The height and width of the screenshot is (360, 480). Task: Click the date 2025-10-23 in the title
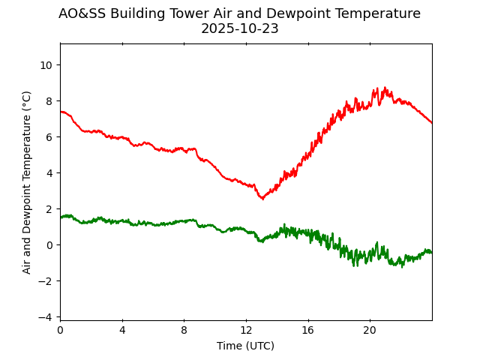tap(239, 29)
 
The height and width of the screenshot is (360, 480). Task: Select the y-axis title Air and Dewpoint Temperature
tap(27, 182)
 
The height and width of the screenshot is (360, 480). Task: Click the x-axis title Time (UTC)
tap(245, 346)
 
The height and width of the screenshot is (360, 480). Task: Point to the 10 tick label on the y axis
tap(46, 65)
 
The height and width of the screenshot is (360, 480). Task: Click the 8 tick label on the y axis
tap(49, 101)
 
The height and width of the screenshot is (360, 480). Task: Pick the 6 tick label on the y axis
tap(49, 137)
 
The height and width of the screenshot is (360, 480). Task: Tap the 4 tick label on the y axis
tap(49, 173)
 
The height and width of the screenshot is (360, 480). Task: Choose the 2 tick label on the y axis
tap(49, 209)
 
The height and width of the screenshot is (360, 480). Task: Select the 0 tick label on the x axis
tap(60, 331)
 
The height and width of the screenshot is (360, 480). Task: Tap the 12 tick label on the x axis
tap(246, 331)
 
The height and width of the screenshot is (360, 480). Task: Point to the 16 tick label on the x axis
tap(307, 331)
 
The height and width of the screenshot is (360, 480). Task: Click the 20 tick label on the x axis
tap(370, 331)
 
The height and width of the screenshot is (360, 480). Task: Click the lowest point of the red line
tap(262, 199)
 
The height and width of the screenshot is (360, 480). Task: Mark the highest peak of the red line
tap(385, 88)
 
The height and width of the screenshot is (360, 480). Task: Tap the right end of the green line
tap(431, 253)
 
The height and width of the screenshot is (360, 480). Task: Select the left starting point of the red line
tap(61, 112)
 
